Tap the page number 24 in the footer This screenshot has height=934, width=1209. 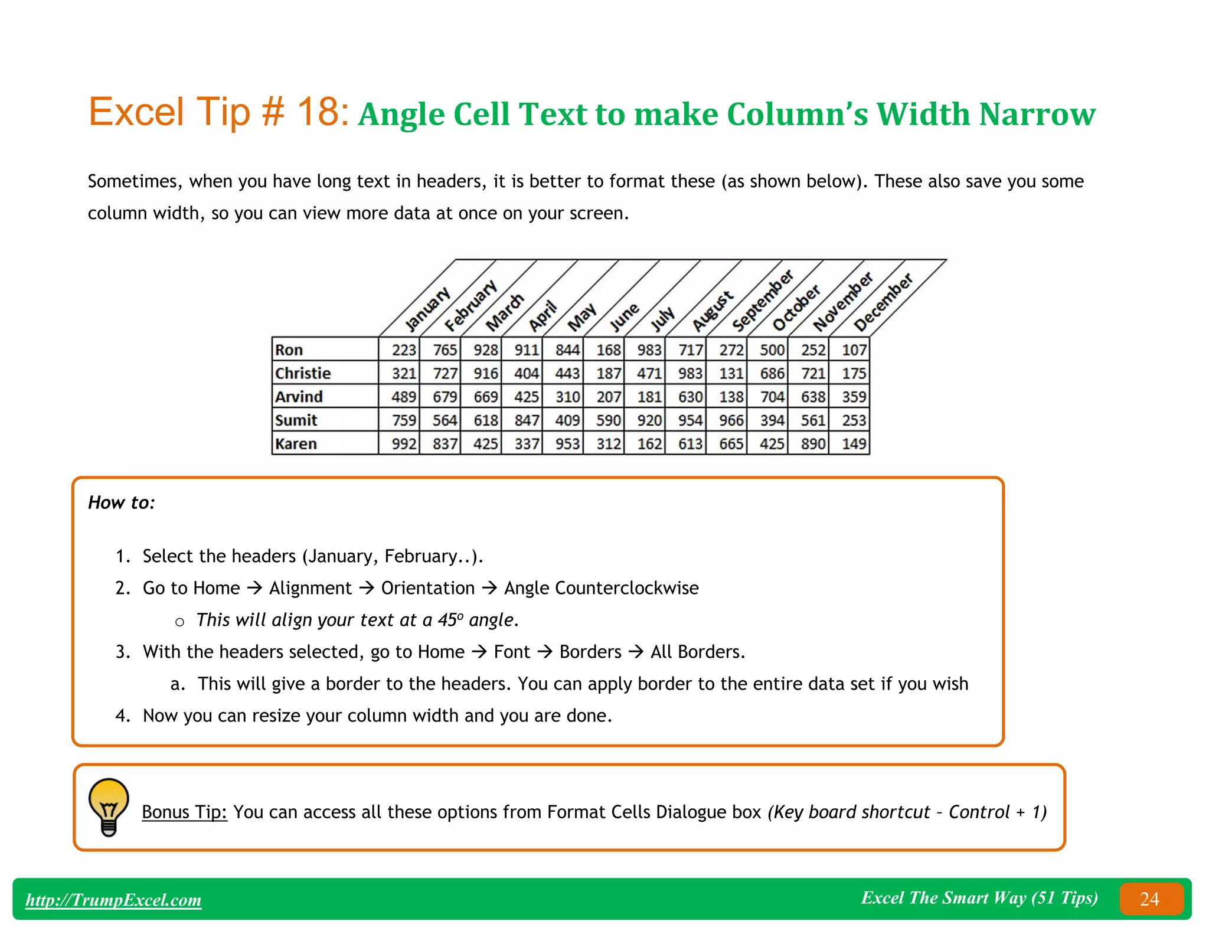coord(1149,899)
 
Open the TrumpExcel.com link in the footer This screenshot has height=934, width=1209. coord(113,900)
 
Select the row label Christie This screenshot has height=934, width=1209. coord(303,373)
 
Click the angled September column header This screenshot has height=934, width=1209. coord(763,301)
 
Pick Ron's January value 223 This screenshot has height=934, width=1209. coord(404,350)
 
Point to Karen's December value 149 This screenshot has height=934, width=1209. coord(854,443)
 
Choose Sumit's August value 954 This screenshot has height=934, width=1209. coord(690,420)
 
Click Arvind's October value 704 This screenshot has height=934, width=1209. coord(772,397)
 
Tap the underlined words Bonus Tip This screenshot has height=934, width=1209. coord(184,812)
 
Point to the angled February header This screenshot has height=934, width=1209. coord(470,306)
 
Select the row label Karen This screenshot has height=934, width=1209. coord(296,443)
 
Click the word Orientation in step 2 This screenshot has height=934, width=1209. coord(427,588)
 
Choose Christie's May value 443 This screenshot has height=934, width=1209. coord(567,373)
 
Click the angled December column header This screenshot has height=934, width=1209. coord(883,302)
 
